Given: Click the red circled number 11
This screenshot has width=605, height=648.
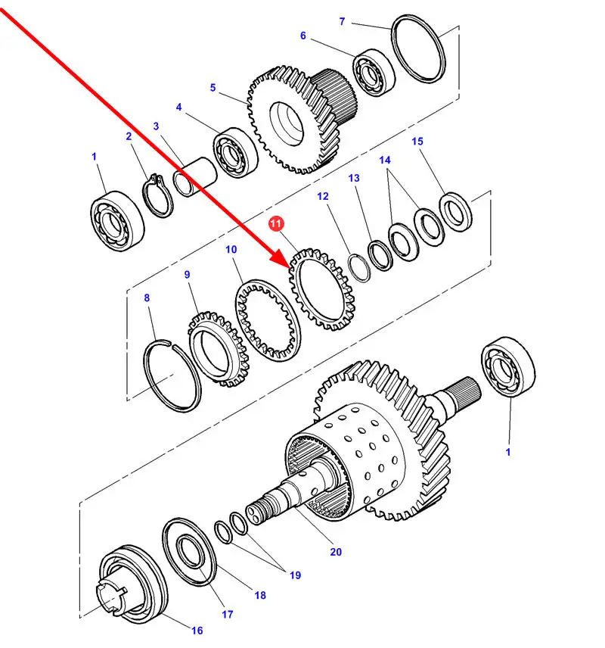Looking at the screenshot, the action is [276, 223].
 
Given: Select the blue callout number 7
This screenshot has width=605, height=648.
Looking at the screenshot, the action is [342, 21].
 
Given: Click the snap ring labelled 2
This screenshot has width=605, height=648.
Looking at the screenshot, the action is [158, 195].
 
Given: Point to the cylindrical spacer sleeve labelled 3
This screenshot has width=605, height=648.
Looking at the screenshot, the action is [195, 176].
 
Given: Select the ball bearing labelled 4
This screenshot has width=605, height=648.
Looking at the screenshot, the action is [236, 153].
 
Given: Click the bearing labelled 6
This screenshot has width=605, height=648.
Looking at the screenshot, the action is [374, 73].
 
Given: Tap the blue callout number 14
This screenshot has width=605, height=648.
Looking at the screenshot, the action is [385, 160].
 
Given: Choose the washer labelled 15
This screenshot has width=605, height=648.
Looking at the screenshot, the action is [455, 212].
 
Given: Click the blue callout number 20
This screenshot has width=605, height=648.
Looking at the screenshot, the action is [336, 552].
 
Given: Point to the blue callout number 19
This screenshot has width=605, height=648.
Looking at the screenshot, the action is [295, 575].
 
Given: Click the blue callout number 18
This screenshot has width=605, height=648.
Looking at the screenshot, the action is [260, 595].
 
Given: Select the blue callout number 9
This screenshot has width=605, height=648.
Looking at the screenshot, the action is [187, 274].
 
